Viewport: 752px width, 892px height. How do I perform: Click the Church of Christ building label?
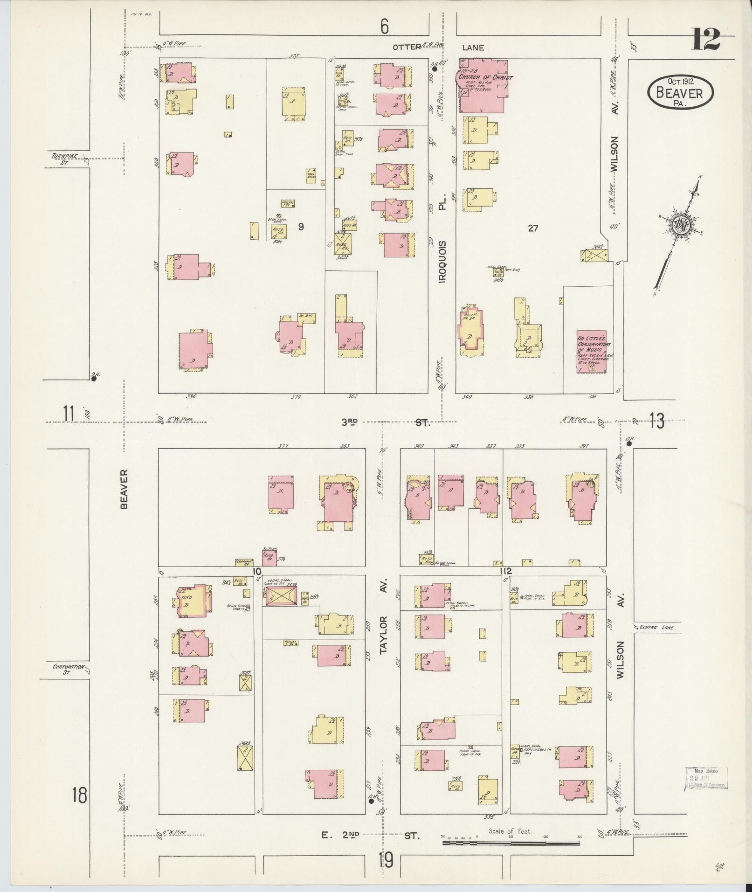(485, 77)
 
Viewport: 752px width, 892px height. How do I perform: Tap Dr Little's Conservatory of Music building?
(592, 351)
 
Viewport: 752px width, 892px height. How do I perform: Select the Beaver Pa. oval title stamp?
(680, 92)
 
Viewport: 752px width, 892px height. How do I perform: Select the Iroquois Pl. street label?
(442, 238)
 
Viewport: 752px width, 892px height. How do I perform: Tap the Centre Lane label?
(655, 627)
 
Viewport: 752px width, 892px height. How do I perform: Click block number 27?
(533, 228)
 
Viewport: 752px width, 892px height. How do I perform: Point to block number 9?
(301, 227)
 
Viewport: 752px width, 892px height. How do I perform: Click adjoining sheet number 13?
(656, 421)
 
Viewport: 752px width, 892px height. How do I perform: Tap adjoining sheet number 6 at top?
(384, 27)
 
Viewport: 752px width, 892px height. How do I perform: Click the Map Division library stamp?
(706, 777)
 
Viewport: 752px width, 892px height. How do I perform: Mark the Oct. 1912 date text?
(680, 82)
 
